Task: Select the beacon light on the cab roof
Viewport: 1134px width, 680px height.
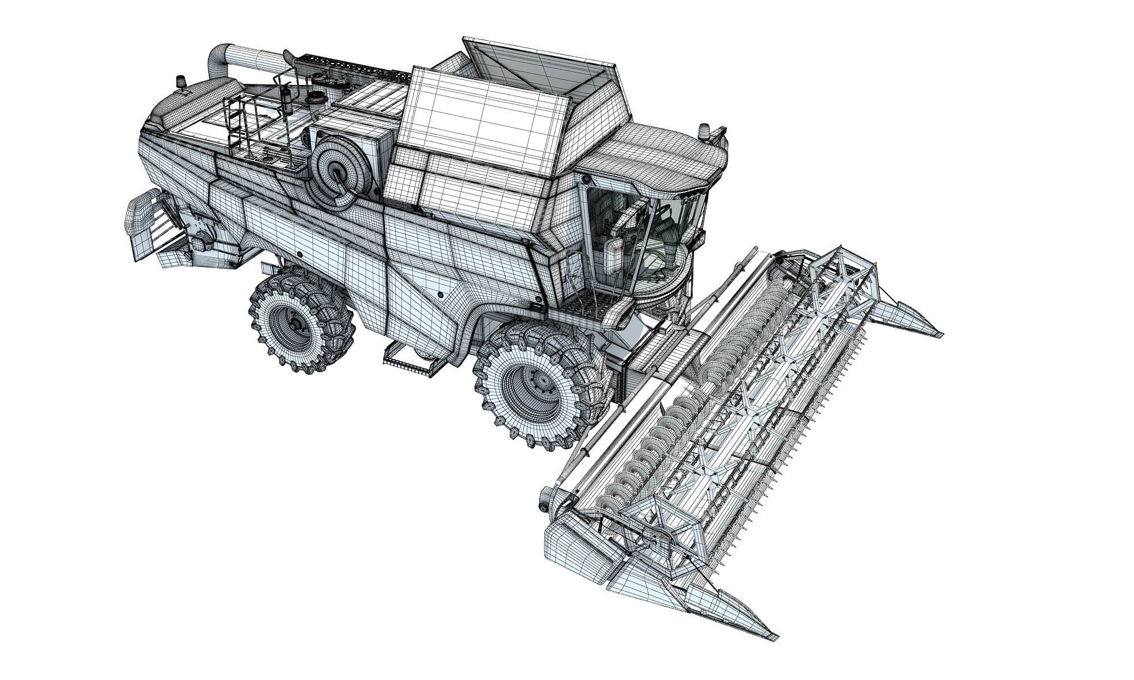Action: [705, 130]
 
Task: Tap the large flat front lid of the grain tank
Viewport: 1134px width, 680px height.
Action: [482, 113]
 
